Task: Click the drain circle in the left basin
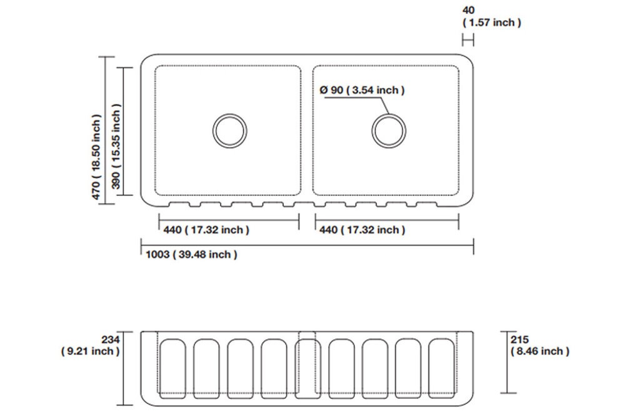pos(229,131)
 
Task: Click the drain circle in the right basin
pos(389,131)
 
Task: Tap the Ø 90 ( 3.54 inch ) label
pos(362,91)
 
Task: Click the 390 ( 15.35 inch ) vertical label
pos(116,147)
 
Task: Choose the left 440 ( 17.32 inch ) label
pos(206,230)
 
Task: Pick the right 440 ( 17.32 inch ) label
pos(362,230)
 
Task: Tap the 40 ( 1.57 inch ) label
pos(491,17)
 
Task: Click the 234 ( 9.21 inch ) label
pos(90,345)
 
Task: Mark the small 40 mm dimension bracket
pos(468,40)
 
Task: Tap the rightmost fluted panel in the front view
pos(441,367)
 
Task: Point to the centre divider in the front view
pos(307,364)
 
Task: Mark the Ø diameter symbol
pos(324,91)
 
